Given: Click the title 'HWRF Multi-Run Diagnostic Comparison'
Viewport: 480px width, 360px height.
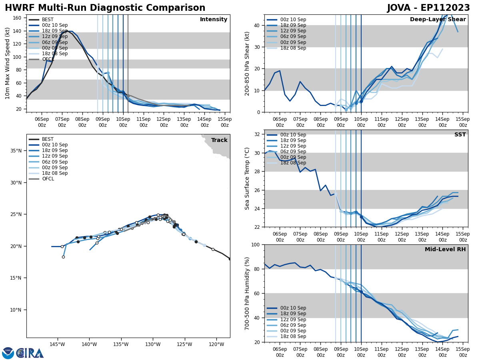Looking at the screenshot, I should pyautogui.click(x=105, y=8).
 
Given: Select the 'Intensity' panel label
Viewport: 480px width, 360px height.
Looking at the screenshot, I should pyautogui.click(x=214, y=20).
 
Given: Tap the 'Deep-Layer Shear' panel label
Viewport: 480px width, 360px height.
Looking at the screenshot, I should pyautogui.click(x=438, y=20).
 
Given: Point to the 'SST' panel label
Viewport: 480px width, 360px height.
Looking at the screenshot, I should pyautogui.click(x=460, y=135).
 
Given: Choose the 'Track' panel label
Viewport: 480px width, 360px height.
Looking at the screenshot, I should pyautogui.click(x=219, y=140).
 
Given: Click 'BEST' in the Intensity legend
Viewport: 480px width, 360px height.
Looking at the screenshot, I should pyautogui.click(x=48, y=20).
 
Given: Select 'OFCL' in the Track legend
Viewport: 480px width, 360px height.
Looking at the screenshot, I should pyautogui.click(x=48, y=179).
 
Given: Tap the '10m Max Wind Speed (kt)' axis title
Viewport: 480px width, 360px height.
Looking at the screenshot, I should pyautogui.click(x=8, y=63).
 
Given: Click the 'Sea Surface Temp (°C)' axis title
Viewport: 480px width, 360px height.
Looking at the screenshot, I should pyautogui.click(x=247, y=178).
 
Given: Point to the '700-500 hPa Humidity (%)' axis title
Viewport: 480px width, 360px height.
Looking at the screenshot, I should pyautogui.click(x=247, y=293).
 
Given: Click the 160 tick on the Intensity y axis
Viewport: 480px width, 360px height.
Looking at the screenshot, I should pyautogui.click(x=18, y=18).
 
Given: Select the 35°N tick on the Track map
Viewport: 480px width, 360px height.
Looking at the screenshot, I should pyautogui.click(x=15, y=151).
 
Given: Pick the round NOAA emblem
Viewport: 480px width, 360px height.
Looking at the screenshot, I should pyautogui.click(x=8, y=353).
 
